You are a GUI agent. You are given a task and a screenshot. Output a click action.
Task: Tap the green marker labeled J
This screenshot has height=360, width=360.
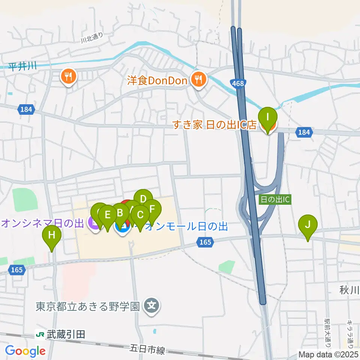click(307, 225)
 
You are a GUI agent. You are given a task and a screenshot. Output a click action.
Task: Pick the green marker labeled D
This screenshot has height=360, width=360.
click(143, 198)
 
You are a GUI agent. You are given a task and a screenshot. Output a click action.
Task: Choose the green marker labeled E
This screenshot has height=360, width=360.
click(108, 215)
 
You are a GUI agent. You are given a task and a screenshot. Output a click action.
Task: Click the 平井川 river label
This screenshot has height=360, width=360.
click(22, 67)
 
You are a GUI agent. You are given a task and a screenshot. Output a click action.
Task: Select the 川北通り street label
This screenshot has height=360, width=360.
click(91, 37)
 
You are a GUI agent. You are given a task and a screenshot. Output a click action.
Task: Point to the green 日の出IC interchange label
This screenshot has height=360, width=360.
click(275, 199)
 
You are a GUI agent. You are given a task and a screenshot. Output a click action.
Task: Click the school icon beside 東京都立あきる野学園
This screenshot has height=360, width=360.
click(152, 307)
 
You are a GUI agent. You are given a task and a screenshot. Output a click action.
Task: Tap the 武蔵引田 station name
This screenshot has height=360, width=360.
click(66, 334)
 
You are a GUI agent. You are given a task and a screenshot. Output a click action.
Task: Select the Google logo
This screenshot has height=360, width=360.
click(25, 351)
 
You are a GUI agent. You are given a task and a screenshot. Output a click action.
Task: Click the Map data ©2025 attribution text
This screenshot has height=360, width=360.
click(328, 354)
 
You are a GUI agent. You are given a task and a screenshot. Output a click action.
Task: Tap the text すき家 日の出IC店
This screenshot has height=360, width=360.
click(214, 125)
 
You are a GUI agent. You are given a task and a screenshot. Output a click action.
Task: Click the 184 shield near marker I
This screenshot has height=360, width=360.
click(304, 132)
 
